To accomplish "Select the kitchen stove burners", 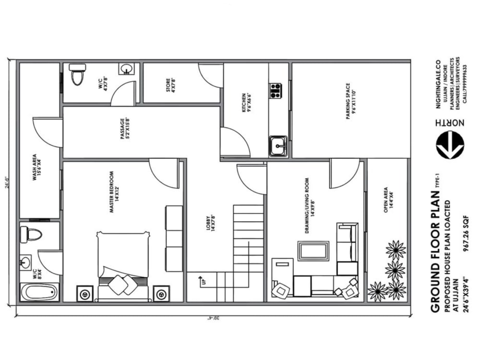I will click(276, 91).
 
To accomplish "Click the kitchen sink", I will click(278, 145).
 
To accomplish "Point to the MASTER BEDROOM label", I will click(113, 192).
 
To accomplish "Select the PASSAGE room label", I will click(125, 129).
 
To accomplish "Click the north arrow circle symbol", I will click(450, 145).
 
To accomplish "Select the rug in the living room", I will click(313, 251).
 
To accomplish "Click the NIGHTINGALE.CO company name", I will click(437, 84).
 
